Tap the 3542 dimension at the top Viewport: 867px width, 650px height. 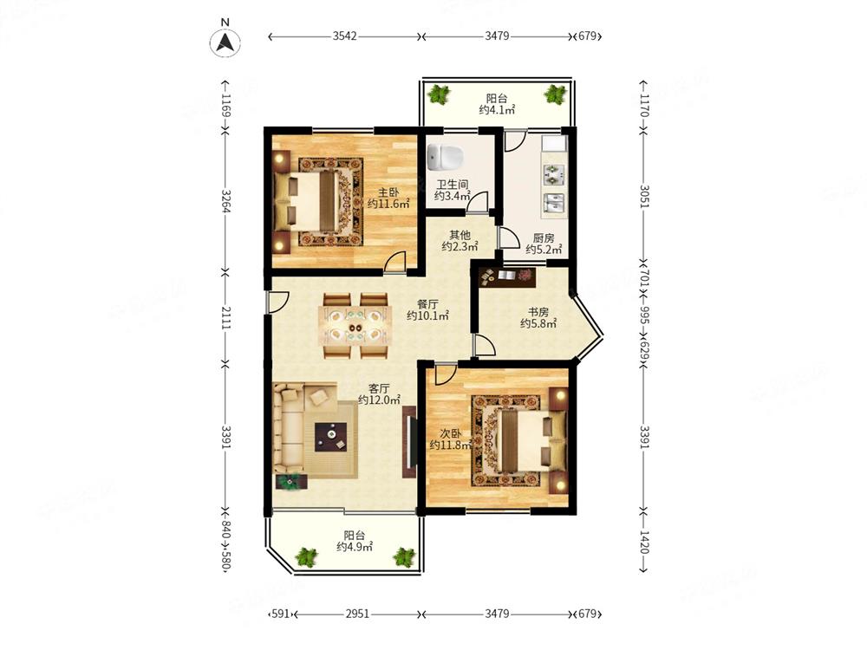pos(346,36)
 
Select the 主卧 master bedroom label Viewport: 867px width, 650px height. pos(388,192)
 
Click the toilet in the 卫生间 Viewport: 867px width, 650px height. pos(447,158)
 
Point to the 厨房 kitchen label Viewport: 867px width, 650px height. pos(544,238)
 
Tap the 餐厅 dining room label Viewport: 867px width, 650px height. pos(427,304)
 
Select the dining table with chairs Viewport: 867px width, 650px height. pos(355,327)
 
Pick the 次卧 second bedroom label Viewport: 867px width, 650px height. pos(450,433)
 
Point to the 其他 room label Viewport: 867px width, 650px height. pos(460,235)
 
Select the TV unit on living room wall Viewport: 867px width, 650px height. pos(407,445)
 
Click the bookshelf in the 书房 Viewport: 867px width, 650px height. pos(506,276)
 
